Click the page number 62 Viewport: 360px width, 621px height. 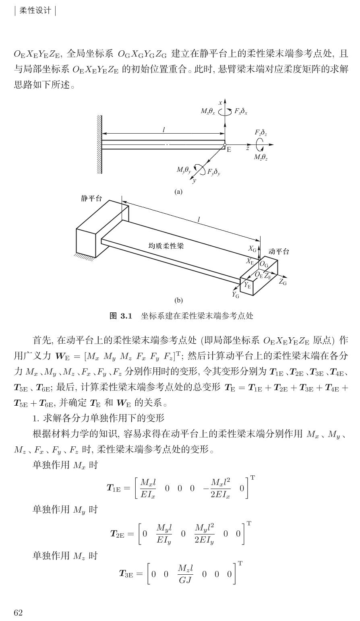19,613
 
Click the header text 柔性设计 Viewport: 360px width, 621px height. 35,10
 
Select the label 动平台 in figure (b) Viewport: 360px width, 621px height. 279,252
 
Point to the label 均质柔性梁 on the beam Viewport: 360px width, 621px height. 166,246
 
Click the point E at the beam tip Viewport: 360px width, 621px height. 228,150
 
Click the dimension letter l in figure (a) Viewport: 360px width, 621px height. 163,130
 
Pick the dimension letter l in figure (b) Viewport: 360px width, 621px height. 199,220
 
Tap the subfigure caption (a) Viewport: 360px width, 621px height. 178,192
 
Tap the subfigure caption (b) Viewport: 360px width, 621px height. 178,300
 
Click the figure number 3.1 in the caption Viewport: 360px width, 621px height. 126,316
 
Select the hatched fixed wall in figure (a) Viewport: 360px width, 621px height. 99,144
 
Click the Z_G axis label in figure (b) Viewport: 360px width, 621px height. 283,283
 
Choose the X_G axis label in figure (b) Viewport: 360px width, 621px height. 253,249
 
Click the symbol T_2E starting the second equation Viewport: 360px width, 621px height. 119,534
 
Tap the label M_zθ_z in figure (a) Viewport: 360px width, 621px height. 261,157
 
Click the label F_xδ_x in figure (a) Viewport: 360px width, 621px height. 241,111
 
